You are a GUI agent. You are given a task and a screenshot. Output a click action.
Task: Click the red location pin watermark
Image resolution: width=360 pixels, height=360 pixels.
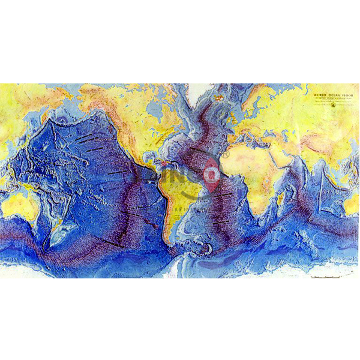[210, 174]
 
